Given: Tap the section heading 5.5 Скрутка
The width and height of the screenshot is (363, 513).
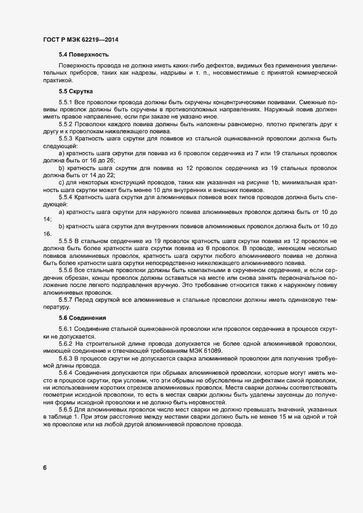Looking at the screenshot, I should [x=76, y=91].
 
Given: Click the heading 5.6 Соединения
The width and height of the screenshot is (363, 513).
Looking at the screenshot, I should [x=82, y=318].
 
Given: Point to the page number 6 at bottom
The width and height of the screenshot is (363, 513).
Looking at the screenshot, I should [x=44, y=467].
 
